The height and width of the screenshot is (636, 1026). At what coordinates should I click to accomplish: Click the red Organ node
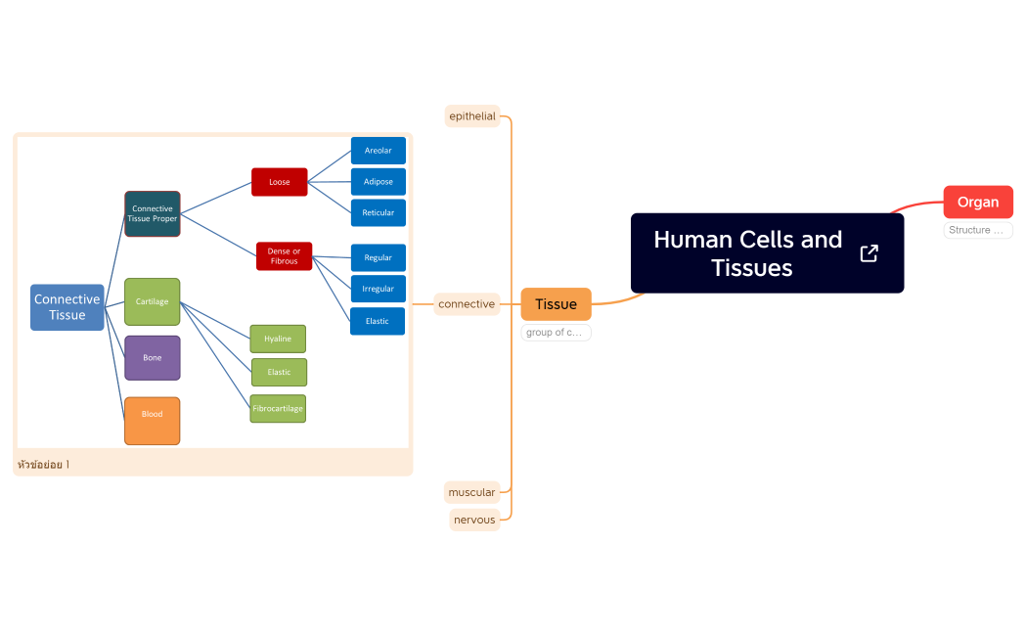coord(977,202)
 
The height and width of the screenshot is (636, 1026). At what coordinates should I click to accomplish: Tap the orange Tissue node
coord(556,304)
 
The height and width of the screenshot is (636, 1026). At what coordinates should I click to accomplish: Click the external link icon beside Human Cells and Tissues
coord(869,253)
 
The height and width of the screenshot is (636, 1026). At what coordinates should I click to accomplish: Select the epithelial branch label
coord(472,116)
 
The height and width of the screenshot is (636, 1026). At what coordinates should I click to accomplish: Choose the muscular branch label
coord(472,492)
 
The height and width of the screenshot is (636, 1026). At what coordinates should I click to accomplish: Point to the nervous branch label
coord(474,520)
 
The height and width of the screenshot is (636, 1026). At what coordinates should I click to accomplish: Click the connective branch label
coord(467,304)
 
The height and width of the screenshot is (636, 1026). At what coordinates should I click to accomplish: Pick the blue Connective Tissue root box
coord(67,307)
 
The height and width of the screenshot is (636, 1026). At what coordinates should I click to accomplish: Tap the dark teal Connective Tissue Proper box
coord(153,213)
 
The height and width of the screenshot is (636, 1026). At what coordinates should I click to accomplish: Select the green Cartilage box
coord(153,301)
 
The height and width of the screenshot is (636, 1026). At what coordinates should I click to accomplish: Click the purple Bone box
coord(153,358)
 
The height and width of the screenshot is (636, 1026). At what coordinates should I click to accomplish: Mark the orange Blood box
coord(153,421)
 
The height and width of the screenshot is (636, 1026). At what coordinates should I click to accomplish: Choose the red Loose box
coord(279,182)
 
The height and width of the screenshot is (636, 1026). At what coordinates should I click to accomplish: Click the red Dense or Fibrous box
coord(284,256)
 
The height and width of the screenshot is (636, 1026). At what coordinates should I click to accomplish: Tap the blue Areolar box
coord(378,151)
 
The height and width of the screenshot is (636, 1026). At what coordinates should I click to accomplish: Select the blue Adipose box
coord(378,182)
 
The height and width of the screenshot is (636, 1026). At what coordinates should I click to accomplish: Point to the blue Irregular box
coord(378,289)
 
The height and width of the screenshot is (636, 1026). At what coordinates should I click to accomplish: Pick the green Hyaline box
coord(278,339)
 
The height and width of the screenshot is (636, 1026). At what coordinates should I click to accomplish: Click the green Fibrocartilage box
coord(278,409)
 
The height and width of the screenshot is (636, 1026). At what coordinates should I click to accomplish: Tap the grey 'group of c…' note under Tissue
coord(556,333)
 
